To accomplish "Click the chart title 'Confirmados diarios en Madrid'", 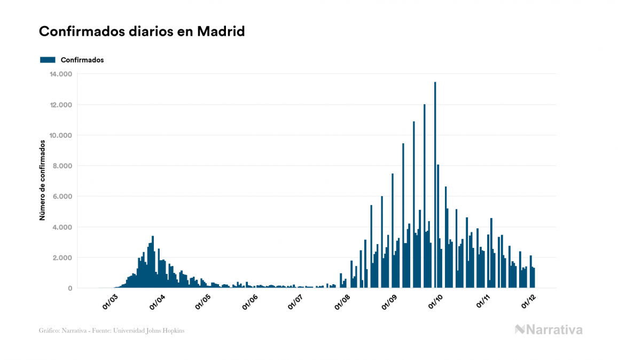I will [142, 32].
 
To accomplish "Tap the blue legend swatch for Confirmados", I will [48, 60].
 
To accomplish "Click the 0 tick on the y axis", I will [69, 288].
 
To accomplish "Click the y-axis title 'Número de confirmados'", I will [42, 181].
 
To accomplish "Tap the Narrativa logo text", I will [549, 330].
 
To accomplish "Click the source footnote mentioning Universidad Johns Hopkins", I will [112, 331].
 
